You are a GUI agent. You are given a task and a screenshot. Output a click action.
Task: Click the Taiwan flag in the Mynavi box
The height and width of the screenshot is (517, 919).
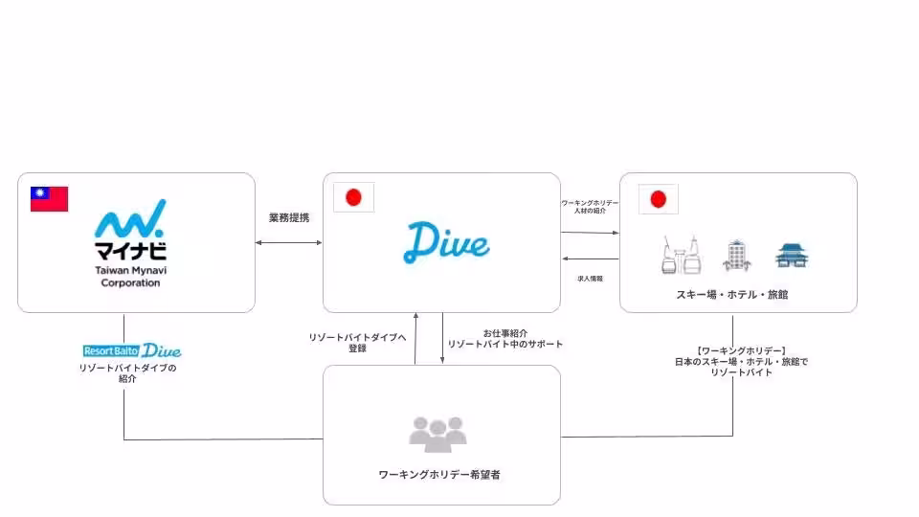pos(50,198)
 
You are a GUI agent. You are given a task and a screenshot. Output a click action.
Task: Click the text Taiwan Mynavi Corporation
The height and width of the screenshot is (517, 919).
pos(130,276)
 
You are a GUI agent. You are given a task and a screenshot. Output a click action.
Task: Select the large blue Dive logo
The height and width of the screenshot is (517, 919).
pos(446,242)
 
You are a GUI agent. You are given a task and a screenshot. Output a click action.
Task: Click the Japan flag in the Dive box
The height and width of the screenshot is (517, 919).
pos(353,198)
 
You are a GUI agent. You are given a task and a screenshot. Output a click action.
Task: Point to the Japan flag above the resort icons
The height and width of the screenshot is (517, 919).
pos(658,198)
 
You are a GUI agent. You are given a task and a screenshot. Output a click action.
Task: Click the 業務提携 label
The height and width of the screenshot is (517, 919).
pos(289,218)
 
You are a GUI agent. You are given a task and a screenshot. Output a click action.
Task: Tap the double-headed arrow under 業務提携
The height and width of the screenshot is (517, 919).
pos(289,242)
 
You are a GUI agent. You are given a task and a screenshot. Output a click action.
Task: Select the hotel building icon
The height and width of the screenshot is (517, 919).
pos(736,254)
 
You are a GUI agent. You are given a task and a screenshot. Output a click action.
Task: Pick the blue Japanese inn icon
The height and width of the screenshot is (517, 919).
pos(792,255)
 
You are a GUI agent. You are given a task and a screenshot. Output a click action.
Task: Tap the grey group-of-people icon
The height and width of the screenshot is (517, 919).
pos(437,434)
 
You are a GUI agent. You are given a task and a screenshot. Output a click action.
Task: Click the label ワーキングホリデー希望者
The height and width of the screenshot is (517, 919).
pos(440,474)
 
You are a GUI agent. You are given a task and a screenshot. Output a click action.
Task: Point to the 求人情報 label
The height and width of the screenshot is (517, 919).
pos(590,278)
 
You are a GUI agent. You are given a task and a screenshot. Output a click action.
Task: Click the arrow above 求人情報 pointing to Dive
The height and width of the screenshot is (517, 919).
pos(590,259)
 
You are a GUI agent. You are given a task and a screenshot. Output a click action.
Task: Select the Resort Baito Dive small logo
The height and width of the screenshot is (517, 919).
pos(132,350)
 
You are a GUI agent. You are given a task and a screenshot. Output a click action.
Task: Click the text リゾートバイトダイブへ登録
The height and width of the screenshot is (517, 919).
pos(358,343)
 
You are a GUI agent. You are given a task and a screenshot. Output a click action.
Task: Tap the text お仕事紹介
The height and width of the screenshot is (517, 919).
pos(504,332)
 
